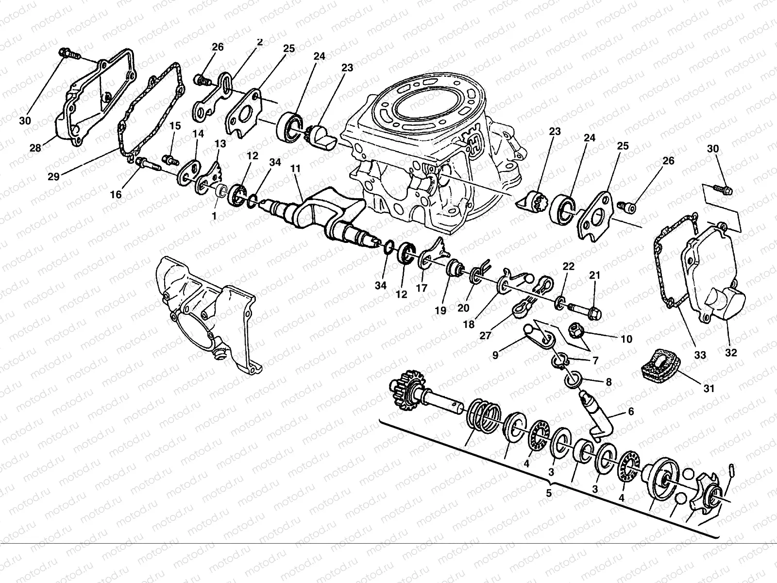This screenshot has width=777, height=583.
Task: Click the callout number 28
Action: point(35,148)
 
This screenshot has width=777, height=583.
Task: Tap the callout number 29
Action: point(53,176)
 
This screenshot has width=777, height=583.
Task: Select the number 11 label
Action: point(296,169)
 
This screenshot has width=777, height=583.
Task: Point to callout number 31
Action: point(709,389)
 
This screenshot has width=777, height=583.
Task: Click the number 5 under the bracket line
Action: point(549,493)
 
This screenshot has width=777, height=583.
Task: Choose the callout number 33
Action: point(699,355)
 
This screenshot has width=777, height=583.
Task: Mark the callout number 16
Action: point(116,195)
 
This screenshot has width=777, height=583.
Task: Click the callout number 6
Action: point(631,412)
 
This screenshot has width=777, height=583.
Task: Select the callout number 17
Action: point(422,288)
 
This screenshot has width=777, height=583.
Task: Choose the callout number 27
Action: point(486,335)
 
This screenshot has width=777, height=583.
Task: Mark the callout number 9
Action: point(495,355)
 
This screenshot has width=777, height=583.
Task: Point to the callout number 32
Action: point(730,353)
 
